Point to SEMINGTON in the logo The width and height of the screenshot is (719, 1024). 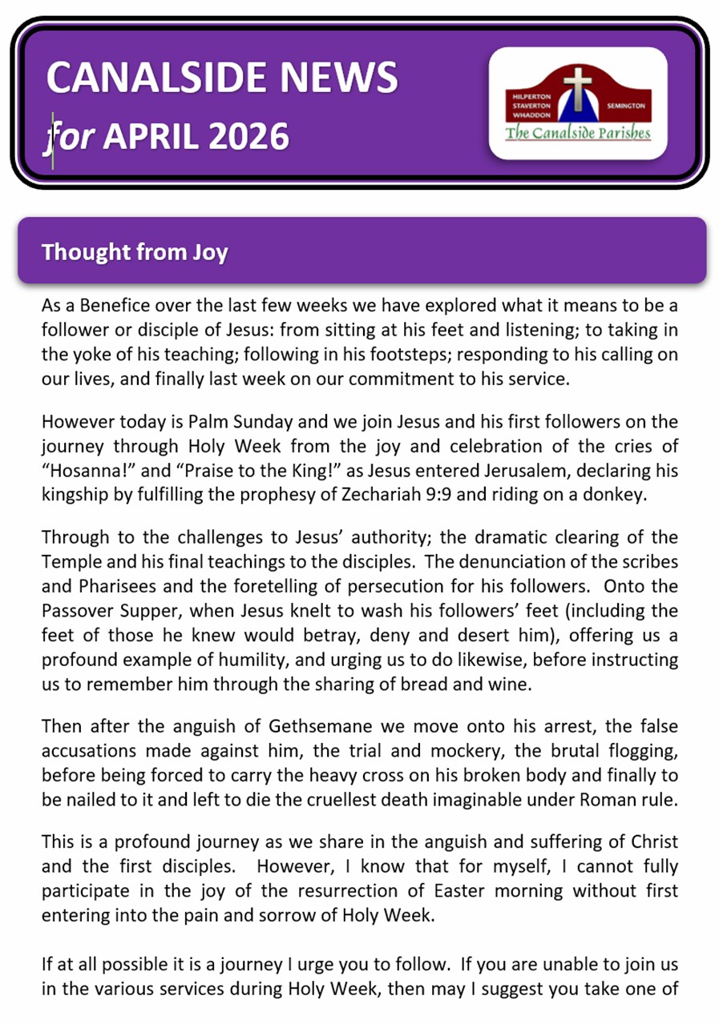631,105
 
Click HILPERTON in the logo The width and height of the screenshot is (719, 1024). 530,97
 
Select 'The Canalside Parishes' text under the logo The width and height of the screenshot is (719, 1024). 577,133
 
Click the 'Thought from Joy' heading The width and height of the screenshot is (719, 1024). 135,253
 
